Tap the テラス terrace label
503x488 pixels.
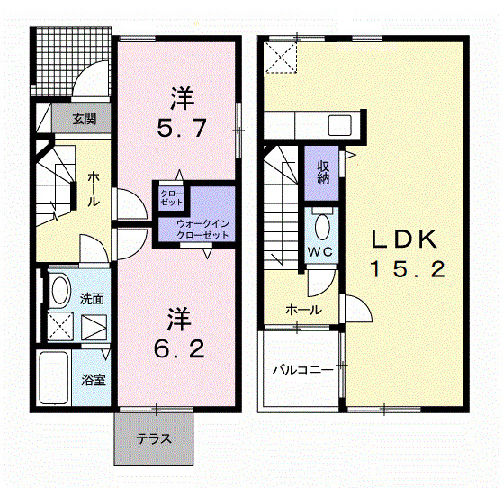[x=154, y=439]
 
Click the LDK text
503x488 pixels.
[x=405, y=239]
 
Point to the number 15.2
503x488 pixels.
[x=407, y=269]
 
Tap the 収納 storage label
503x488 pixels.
[x=322, y=170]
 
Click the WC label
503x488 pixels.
[x=321, y=251]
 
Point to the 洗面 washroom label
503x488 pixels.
[x=92, y=298]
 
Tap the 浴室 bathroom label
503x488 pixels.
[x=94, y=380]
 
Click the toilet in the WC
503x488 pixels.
[x=322, y=224]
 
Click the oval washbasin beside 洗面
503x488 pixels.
[x=59, y=290]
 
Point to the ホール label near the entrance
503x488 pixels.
[x=93, y=190]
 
